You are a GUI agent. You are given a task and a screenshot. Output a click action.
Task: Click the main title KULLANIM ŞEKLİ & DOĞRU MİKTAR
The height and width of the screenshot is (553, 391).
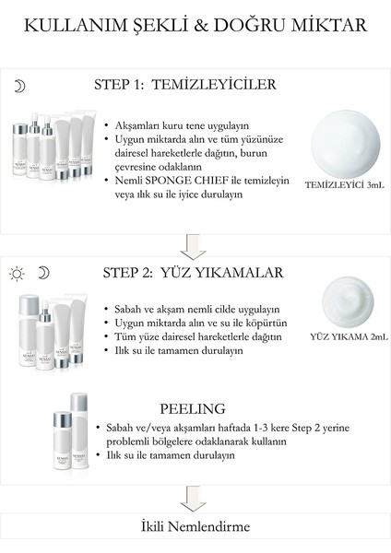(x=195, y=25)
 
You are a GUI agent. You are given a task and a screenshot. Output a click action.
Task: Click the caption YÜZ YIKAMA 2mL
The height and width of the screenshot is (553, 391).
(x=349, y=337)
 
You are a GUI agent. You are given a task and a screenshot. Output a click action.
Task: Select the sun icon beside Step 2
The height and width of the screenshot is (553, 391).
(x=16, y=273)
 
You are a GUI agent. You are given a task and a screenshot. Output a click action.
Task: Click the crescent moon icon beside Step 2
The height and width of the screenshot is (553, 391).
(x=42, y=273)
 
